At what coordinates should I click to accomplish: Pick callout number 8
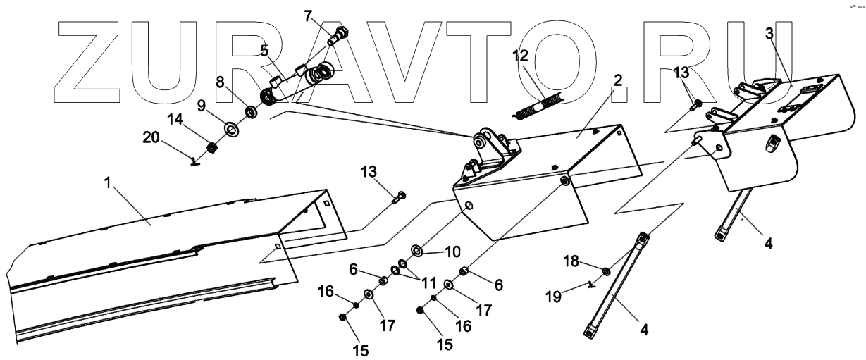coord(221,82)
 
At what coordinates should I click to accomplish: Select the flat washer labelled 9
coord(230,129)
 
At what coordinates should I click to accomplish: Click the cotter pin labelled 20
coord(196,162)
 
